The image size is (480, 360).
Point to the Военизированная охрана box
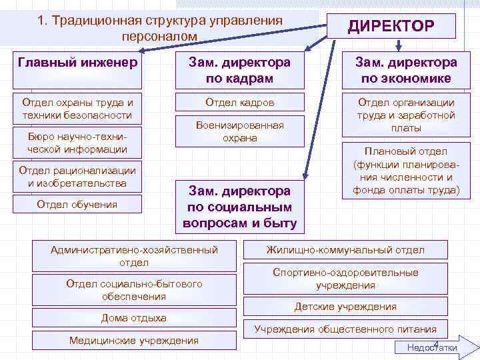239,132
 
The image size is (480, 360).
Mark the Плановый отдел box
405,170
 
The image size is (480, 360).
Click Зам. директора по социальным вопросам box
239,207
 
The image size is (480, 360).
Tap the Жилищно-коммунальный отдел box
345,250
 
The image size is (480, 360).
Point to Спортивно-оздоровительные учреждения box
345,279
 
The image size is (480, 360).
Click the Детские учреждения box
345,307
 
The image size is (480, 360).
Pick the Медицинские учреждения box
134,341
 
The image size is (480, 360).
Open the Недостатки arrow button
433,347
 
